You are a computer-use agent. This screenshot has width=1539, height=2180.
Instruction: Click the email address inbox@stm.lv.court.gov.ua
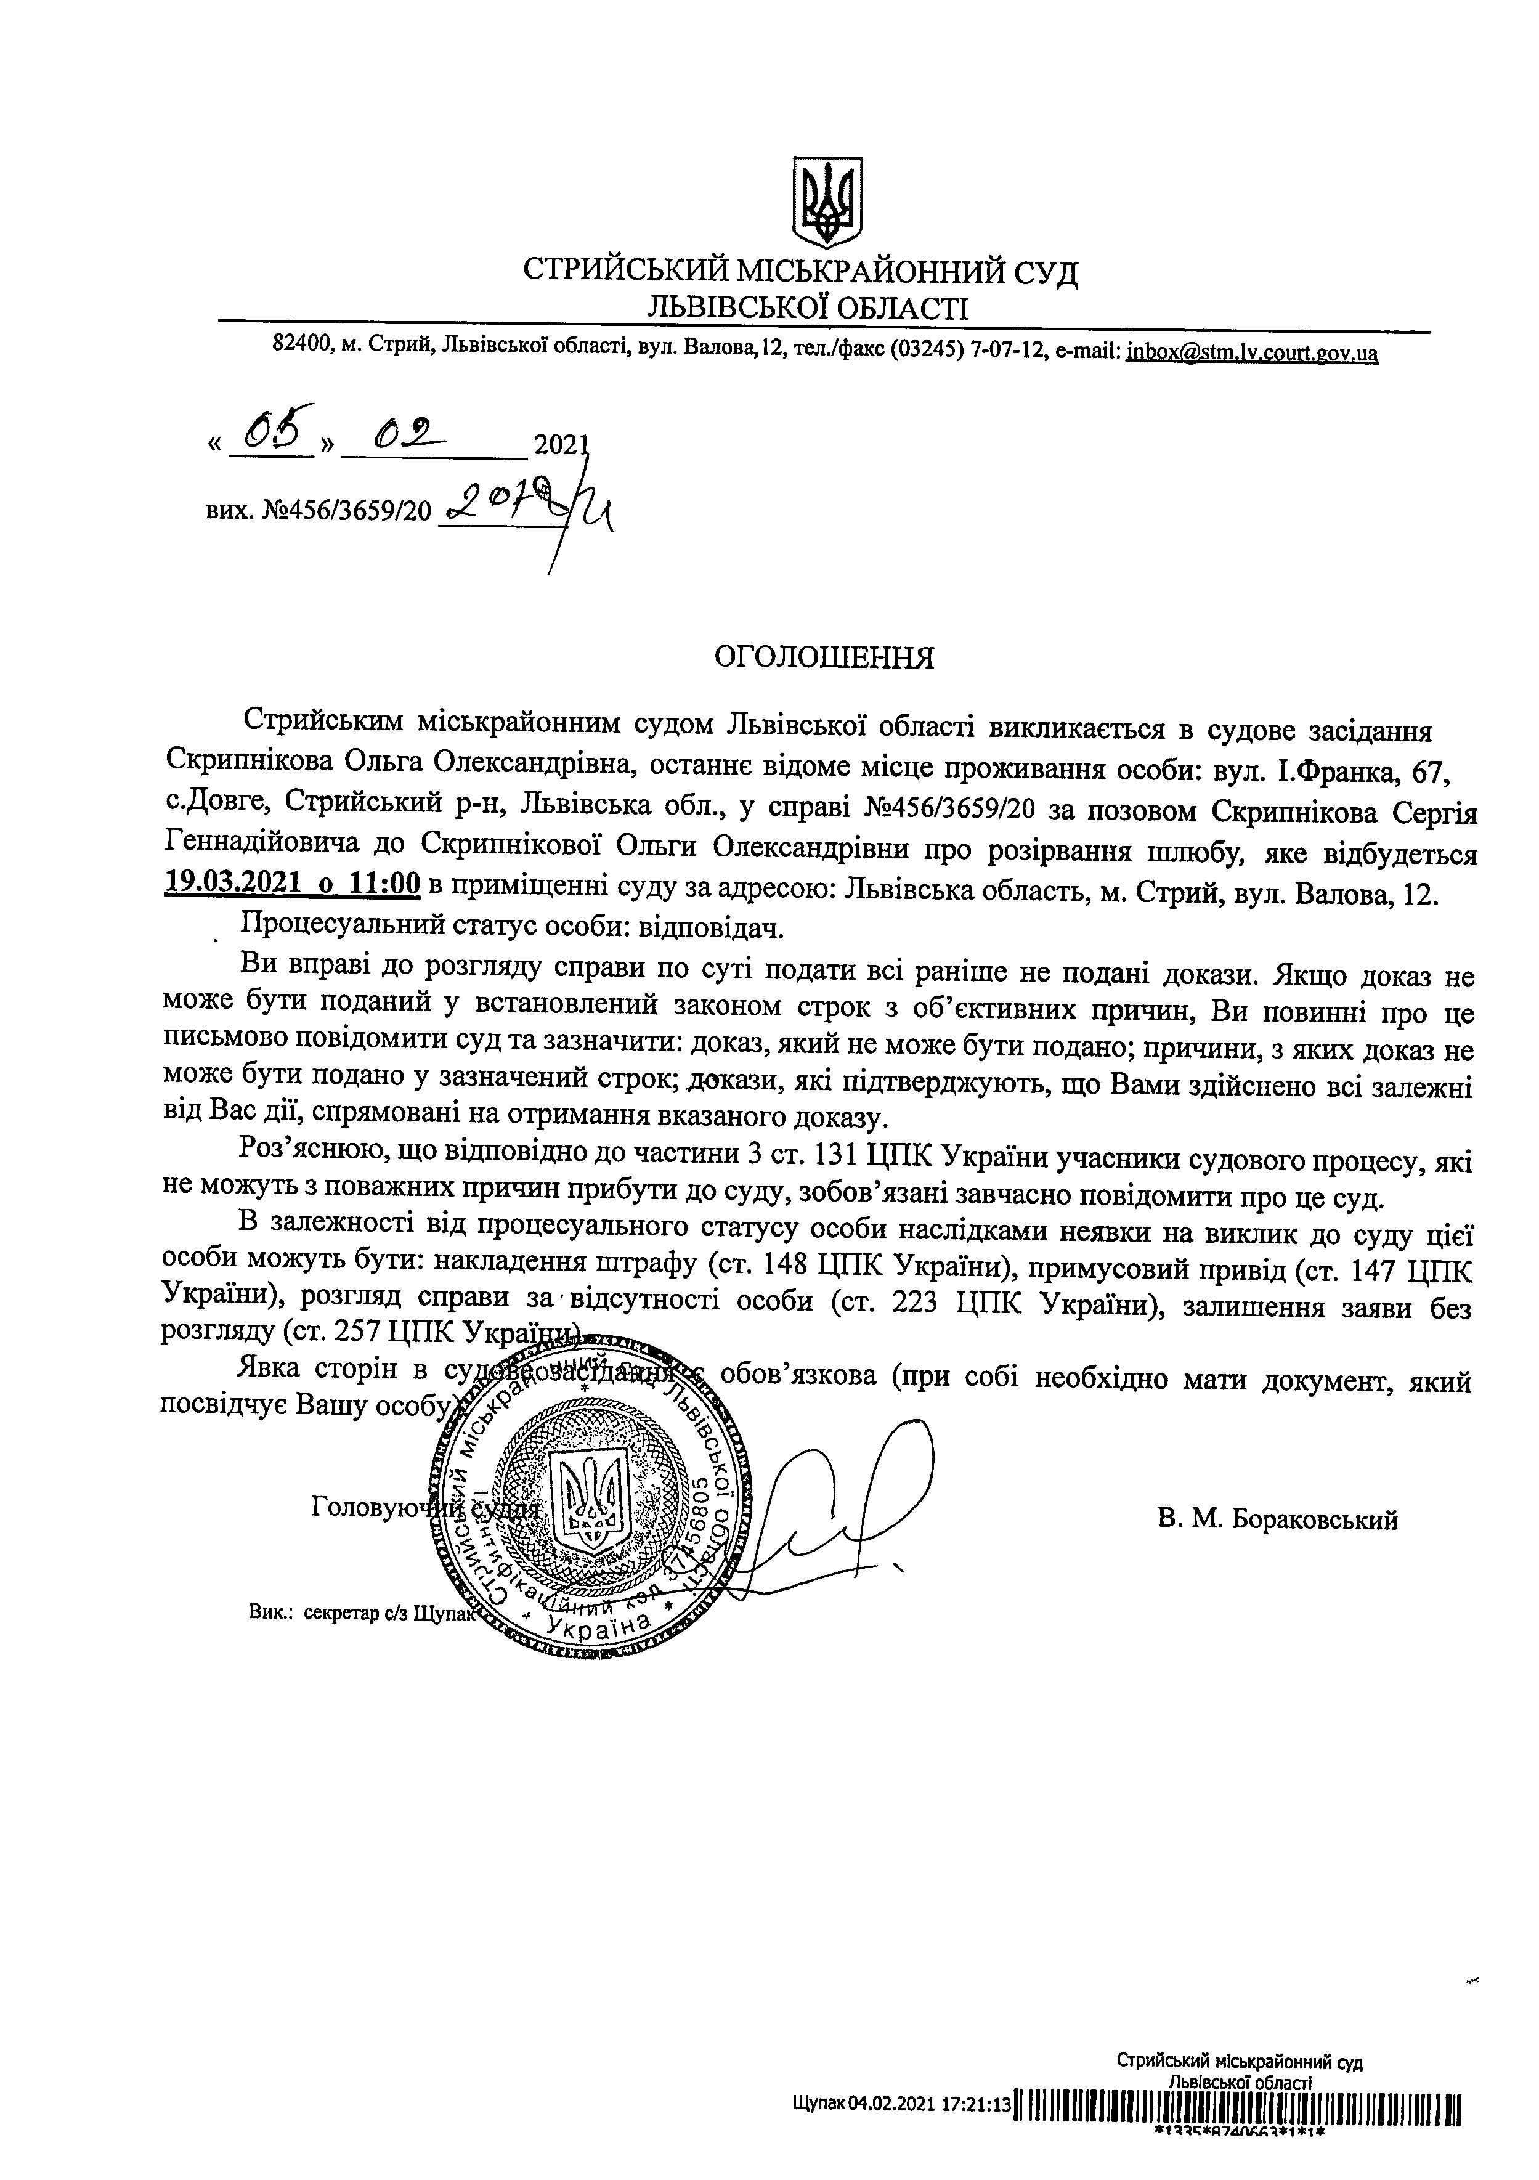tap(1251, 353)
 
